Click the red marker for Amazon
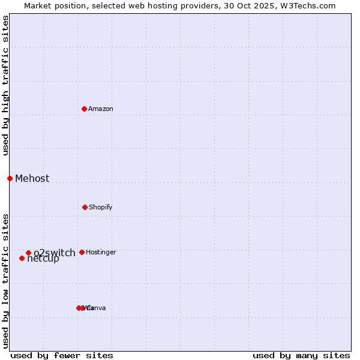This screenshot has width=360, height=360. (x=85, y=109)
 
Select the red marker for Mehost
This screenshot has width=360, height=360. (x=10, y=178)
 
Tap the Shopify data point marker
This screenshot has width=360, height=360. (x=85, y=207)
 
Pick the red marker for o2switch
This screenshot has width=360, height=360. (x=28, y=253)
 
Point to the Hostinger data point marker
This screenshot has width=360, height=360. (x=82, y=252)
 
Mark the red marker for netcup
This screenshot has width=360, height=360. (x=22, y=258)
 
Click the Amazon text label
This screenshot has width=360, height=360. (x=101, y=109)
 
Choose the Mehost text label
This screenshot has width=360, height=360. (x=32, y=178)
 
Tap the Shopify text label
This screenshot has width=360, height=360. (x=101, y=208)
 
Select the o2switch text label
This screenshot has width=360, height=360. (x=55, y=253)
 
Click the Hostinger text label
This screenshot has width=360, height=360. (x=101, y=253)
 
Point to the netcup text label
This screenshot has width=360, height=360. (x=43, y=259)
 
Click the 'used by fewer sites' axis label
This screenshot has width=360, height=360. (x=62, y=355)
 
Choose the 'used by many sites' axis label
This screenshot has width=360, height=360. (x=301, y=355)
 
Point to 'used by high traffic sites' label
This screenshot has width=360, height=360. (x=5, y=86)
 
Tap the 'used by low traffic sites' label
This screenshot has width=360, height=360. (x=5, y=280)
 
